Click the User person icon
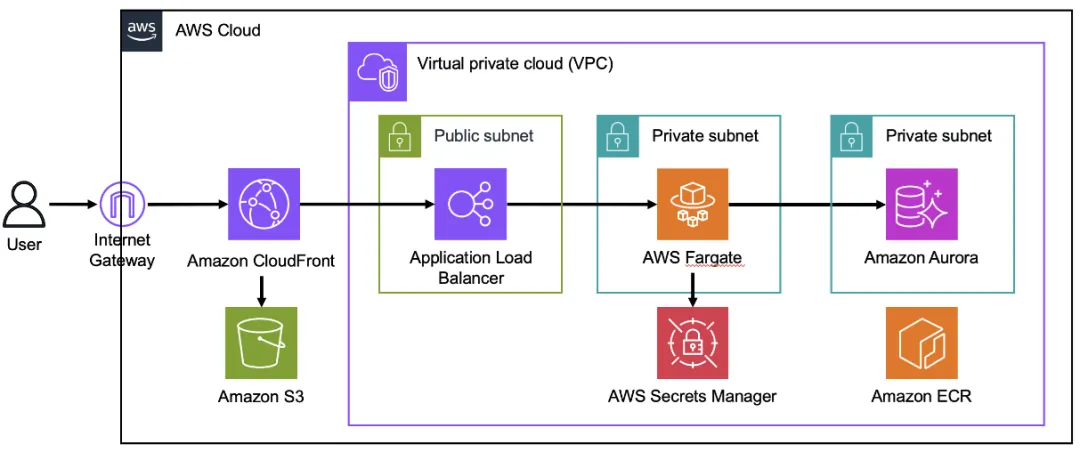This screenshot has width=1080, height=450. (24, 205)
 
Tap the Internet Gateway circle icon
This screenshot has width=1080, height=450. (122, 204)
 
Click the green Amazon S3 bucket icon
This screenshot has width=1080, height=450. (261, 342)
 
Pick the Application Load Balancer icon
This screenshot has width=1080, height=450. (470, 204)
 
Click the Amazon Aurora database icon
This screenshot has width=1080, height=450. (921, 204)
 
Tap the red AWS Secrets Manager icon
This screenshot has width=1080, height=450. (692, 342)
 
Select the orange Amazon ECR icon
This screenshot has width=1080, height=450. (921, 342)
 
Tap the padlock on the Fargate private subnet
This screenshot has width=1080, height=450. (617, 135)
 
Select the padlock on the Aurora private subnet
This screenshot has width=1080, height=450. (851, 135)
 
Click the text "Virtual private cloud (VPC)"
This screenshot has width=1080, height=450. (515, 64)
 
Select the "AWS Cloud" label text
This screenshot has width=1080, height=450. (217, 30)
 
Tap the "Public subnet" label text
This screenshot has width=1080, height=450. (483, 135)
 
